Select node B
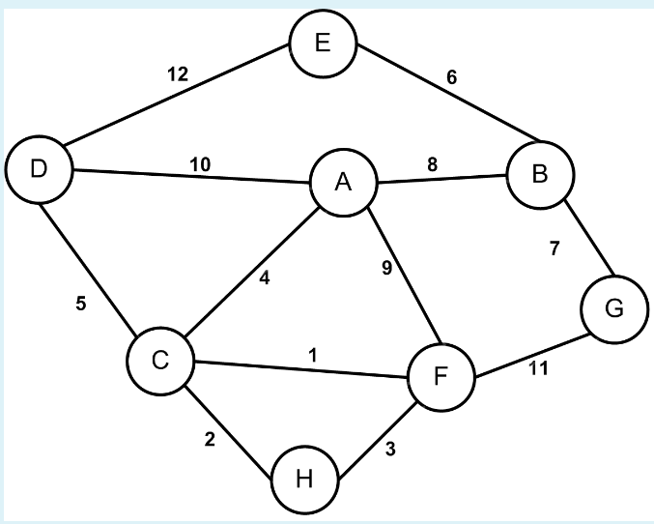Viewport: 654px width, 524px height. click(540, 175)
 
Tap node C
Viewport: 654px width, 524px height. click(161, 361)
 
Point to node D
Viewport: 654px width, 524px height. click(39, 169)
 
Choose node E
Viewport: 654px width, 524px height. click(323, 44)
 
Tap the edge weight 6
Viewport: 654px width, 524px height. click(451, 77)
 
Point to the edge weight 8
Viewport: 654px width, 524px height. click(432, 165)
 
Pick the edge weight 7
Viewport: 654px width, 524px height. click(554, 248)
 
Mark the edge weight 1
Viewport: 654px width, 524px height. click(312, 355)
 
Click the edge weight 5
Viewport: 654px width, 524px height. click(81, 304)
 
